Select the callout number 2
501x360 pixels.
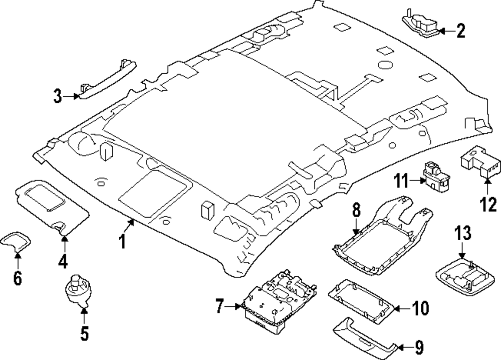(460, 31)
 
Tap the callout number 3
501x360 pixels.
(58, 95)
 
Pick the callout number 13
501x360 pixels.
(463, 234)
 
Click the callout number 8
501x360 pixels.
(356, 210)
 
